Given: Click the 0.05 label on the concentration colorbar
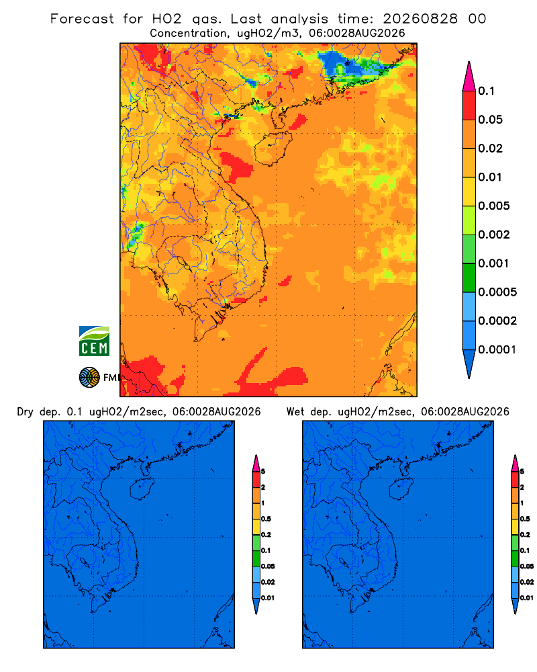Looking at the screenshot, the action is [x=490, y=120].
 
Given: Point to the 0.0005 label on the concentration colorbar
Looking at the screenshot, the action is [x=497, y=292].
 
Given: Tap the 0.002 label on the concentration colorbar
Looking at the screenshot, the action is [x=494, y=235].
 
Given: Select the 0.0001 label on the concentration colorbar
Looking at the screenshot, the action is [x=497, y=349].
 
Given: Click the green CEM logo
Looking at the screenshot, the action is [x=94, y=341].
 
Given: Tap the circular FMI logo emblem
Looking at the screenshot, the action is [x=89, y=378].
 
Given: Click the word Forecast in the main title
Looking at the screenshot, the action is [x=82, y=19].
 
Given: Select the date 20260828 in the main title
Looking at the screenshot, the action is [x=420, y=19].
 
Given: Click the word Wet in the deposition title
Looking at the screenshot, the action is [x=295, y=412].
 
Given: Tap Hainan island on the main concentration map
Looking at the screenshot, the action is [x=273, y=149].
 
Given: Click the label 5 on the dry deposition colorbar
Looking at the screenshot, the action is [x=263, y=472].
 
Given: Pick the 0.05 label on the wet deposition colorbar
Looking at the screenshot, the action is [x=527, y=566].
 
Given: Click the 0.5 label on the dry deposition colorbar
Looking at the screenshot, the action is [x=266, y=519].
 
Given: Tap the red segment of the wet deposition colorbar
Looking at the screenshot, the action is [x=515, y=479].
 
